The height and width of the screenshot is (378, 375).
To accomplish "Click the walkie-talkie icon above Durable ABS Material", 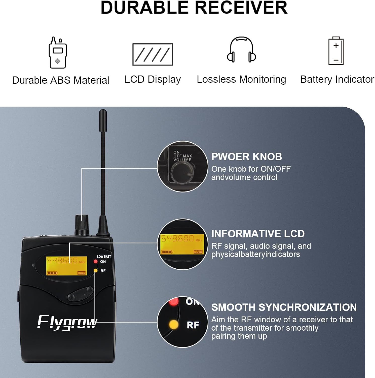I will click(58, 53).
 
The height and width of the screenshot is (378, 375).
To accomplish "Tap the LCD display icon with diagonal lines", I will click(153, 54).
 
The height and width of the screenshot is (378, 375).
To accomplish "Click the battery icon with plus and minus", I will click(336, 51).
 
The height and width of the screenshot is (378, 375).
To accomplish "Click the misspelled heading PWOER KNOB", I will click(246, 157).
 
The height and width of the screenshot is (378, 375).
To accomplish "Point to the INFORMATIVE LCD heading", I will click(258, 234).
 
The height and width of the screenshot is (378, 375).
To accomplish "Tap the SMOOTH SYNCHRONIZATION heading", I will click(284, 307).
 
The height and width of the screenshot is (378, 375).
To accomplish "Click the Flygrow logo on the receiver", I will click(67, 323).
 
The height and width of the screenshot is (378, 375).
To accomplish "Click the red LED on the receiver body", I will click(96, 261).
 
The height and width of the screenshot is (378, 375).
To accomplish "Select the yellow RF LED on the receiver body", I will click(96, 271).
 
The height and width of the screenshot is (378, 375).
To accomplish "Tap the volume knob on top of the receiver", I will click(82, 224).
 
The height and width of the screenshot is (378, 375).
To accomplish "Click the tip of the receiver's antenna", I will click(103, 112).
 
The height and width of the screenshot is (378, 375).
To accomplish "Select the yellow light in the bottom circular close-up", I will click(174, 325).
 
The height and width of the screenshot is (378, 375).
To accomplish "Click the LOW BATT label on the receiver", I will click(104, 257).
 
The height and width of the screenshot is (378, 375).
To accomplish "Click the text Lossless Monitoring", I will click(241, 79).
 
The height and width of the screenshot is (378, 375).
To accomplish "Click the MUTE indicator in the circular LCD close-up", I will click(198, 252).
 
